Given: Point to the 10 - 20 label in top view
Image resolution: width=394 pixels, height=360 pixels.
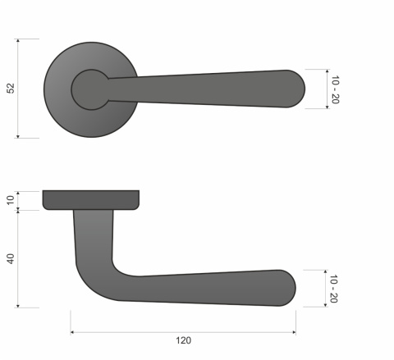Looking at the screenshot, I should pyautogui.click(x=335, y=89).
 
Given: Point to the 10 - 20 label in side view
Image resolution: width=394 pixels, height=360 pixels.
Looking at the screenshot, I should pyautogui.click(x=333, y=288).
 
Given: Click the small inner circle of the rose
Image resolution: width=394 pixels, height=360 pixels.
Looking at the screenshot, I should pyautogui.click(x=89, y=89).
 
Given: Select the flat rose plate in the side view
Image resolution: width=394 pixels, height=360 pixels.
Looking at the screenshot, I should pyautogui.click(x=90, y=199).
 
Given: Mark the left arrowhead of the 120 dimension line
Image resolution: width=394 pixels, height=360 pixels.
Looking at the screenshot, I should pyautogui.click(x=72, y=332).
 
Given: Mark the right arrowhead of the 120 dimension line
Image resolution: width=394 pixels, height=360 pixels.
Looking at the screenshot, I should pyautogui.click(x=294, y=332).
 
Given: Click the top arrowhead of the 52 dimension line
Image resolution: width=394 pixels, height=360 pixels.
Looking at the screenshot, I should pyautogui.click(x=28, y=40).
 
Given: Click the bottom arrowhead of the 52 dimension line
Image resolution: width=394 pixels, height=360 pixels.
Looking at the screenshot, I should pyautogui.click(x=28, y=136).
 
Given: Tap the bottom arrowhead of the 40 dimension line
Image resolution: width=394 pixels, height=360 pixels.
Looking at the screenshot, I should pyautogui.click(x=28, y=306).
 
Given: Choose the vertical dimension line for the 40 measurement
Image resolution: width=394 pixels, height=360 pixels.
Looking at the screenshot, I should pyautogui.click(x=28, y=258).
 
